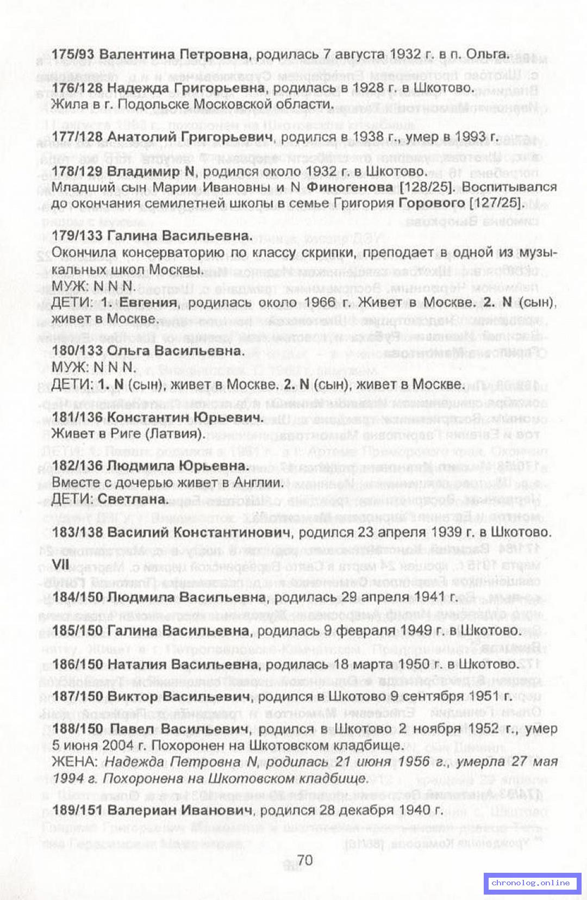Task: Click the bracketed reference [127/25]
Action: [x=494, y=203]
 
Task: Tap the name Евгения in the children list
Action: [x=149, y=303]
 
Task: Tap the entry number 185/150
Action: [x=78, y=631]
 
